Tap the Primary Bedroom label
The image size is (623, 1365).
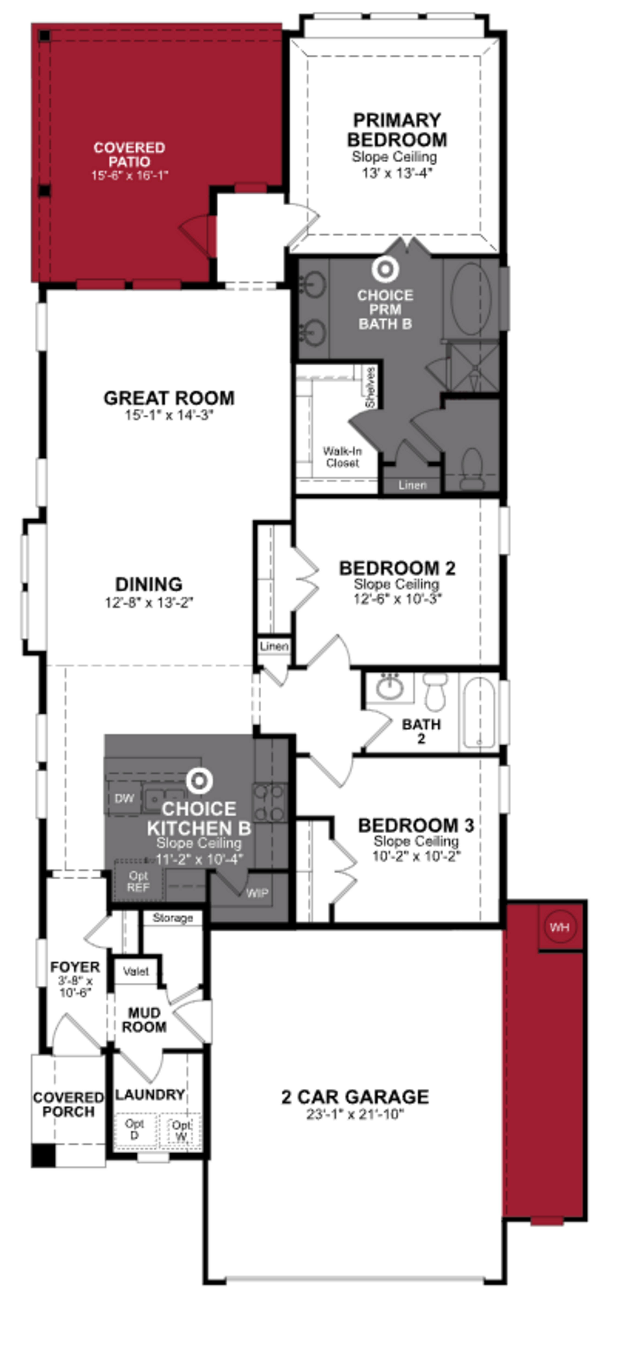(x=397, y=130)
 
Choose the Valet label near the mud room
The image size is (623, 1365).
(x=136, y=971)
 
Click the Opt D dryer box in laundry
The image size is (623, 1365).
(x=134, y=1130)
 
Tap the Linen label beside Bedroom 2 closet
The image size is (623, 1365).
(x=274, y=646)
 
